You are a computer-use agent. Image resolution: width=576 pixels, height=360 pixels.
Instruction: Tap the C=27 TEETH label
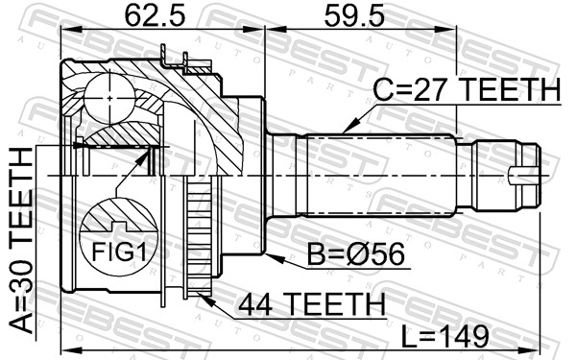463,90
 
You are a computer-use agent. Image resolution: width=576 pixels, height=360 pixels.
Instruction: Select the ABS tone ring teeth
200,240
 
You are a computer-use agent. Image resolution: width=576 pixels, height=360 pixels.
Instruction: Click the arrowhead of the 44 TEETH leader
204,297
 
